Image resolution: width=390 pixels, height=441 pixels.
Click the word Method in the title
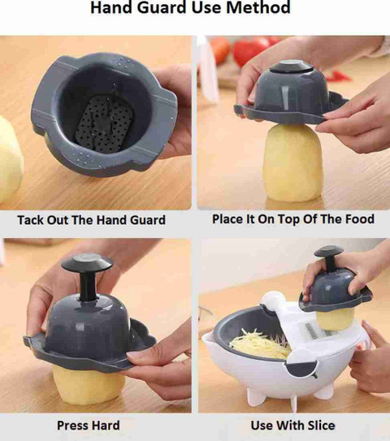(x=258, y=7)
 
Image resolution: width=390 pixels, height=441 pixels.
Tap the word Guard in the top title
(x=161, y=7)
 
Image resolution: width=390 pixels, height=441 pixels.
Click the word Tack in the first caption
(x=30, y=219)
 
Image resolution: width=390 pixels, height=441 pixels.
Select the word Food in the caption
(x=360, y=218)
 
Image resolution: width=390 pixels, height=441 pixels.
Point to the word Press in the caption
(x=72, y=425)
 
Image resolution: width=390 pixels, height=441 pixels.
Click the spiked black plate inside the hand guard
(x=105, y=123)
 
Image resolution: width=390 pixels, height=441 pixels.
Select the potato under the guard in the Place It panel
(x=292, y=163)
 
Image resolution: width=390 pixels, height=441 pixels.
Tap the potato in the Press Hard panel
(x=89, y=385)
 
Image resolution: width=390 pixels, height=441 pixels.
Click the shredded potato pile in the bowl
(x=261, y=344)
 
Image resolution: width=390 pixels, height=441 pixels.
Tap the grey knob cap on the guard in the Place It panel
(x=292, y=67)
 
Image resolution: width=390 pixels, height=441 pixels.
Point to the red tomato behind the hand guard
(x=251, y=50)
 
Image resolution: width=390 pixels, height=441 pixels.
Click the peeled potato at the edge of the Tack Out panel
(x=10, y=159)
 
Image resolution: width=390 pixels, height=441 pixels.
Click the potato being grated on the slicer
(x=335, y=319)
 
